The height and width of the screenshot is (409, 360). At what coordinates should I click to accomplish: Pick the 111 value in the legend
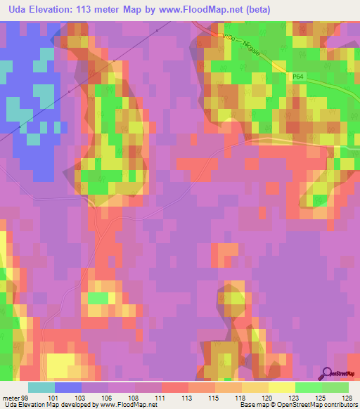pos(161,397)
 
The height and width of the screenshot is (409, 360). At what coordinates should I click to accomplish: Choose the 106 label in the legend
pos(106,397)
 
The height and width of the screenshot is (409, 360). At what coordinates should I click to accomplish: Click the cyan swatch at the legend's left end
pos(41,387)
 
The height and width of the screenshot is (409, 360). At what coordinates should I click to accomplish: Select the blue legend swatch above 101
pos(67,387)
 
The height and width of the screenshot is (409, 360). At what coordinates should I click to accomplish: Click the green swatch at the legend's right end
pos(335,387)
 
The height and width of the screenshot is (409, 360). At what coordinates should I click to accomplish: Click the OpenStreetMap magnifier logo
pos(328,373)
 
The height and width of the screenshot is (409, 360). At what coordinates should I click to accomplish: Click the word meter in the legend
pos(11,397)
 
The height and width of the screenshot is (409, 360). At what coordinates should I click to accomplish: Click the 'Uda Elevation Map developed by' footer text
pos(45,405)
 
